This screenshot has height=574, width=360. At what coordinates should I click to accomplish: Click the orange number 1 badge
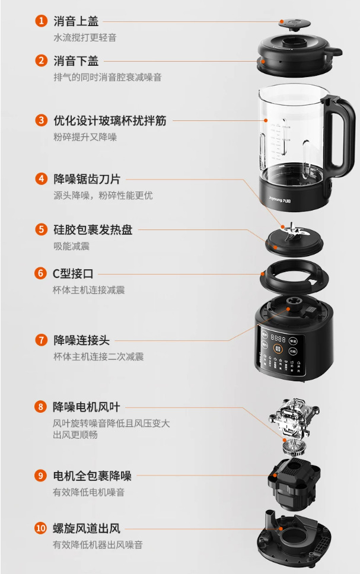[x=41, y=21]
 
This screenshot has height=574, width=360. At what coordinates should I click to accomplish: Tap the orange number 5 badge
[x=41, y=230]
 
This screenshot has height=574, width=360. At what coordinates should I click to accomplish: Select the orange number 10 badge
[x=41, y=528]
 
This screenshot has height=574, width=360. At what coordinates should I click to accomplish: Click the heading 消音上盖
[x=76, y=21]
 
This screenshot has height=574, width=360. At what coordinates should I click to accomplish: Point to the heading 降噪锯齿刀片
[x=87, y=179]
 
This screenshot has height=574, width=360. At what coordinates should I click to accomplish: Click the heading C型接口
[x=73, y=273]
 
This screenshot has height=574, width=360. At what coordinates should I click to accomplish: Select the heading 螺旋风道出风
[x=87, y=528]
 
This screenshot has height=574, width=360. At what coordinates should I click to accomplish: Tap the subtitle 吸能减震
[x=71, y=246]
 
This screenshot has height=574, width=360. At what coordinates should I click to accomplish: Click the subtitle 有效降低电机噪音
[x=88, y=492]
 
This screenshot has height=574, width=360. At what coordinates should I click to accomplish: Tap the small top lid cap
[x=294, y=24]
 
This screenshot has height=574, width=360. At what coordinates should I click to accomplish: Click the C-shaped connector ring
[x=294, y=279]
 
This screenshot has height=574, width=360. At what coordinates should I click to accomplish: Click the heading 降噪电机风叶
[x=87, y=407]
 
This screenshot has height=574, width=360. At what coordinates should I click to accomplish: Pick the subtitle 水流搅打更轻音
[x=85, y=37]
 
